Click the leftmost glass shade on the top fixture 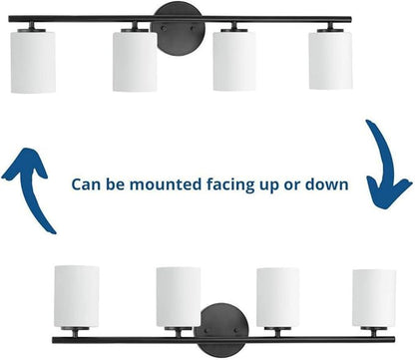33,62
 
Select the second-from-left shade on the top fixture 135,62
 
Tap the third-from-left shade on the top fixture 234,61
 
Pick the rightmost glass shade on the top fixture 330,61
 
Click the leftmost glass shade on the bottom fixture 77,296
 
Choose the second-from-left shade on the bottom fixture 179,297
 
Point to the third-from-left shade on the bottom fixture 278,297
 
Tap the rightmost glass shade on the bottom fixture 374,298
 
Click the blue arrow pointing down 386,167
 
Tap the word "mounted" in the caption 166,184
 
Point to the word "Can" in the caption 86,184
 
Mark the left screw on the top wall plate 164,29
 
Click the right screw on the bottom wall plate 236,331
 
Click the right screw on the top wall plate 193,29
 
